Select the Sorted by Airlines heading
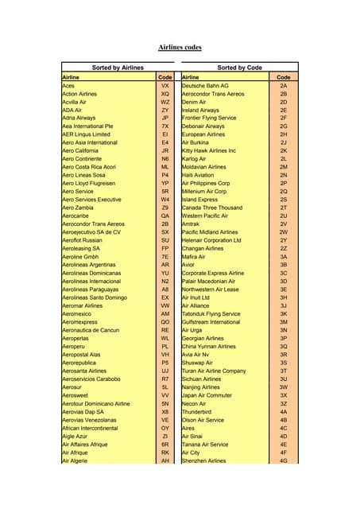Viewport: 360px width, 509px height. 118,68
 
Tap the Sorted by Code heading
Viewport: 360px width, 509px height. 239,68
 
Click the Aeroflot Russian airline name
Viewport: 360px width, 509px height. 82,239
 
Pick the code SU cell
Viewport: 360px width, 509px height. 165,239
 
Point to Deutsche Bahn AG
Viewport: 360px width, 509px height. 205,86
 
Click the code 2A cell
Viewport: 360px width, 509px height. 283,86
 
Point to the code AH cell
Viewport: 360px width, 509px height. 165,460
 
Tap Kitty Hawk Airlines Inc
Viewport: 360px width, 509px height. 209,150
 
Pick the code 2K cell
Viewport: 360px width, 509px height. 283,150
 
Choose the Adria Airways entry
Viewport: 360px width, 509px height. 78,118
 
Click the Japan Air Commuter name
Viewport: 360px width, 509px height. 207,395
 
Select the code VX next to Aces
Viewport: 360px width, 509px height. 165,86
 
